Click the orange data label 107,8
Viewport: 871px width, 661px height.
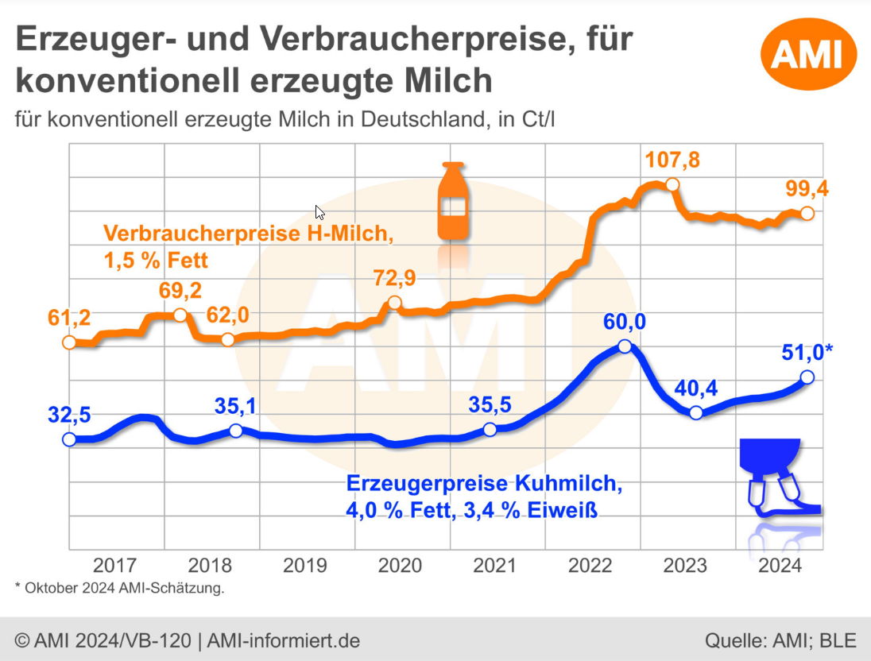672,160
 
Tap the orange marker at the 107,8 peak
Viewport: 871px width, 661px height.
672,185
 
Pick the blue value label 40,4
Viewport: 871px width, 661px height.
697,388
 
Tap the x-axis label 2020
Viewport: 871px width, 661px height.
400,566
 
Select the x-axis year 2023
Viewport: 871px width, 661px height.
685,566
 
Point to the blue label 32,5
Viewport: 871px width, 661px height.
69,415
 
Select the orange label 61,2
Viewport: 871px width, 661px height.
69,318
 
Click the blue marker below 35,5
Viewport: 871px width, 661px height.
490,430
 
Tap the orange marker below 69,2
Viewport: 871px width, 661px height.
180,315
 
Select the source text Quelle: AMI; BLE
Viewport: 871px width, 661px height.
780,640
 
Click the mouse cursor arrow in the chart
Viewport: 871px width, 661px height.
319,212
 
